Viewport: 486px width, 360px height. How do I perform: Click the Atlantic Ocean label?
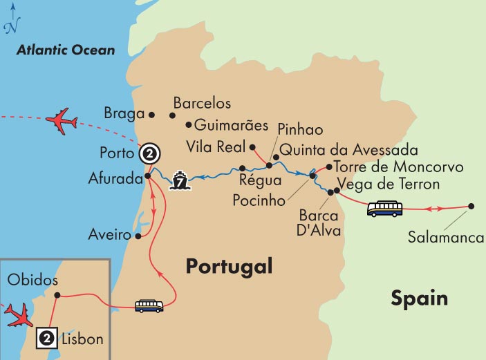click(x=66, y=50)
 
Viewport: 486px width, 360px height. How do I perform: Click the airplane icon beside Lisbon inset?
click(x=17, y=314)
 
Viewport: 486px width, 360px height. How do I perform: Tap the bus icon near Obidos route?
click(x=149, y=305)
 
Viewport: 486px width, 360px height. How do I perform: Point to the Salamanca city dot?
click(x=471, y=206)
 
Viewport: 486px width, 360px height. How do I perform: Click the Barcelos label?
click(x=202, y=103)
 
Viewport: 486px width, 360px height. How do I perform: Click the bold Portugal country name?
click(x=229, y=267)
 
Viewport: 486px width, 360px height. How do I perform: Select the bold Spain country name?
click(x=419, y=298)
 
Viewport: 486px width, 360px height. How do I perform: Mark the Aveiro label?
click(x=111, y=236)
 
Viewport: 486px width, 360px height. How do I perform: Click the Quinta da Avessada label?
click(x=349, y=151)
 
